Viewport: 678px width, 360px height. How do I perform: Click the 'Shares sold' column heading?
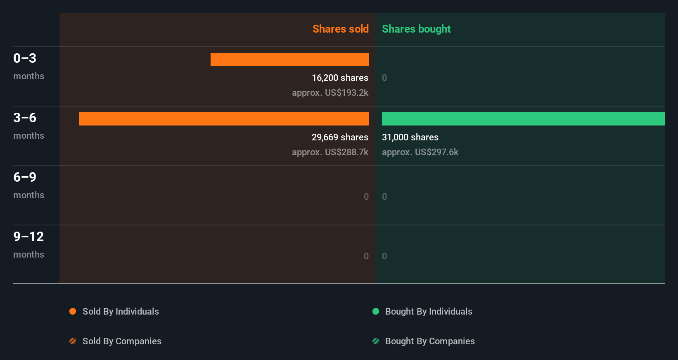[340, 29]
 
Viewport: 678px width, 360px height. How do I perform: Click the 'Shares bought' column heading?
[416, 29]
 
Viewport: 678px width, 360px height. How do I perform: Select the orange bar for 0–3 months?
[289, 59]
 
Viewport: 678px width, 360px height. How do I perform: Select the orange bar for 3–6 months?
[223, 119]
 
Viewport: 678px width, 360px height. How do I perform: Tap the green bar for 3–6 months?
[523, 119]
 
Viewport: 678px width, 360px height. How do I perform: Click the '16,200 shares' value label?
[340, 78]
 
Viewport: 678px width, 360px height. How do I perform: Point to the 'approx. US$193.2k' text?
[330, 92]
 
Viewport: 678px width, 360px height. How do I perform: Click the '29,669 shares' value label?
[340, 137]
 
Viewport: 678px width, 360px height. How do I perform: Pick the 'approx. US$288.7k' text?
[330, 152]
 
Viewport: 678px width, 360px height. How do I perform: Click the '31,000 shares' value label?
[410, 137]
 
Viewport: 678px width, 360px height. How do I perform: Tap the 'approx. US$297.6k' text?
[420, 152]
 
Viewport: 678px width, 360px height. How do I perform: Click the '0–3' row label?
[25, 58]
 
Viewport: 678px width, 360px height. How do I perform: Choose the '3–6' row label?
[25, 118]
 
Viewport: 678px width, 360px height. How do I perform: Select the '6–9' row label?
[25, 177]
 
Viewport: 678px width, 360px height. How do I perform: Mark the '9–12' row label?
[28, 237]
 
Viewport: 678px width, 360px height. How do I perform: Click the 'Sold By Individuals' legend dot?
[73, 311]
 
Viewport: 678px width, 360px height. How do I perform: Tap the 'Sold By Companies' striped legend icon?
[73, 341]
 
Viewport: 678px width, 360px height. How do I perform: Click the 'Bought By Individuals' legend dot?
[376, 311]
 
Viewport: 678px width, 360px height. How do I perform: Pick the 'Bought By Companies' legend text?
[430, 341]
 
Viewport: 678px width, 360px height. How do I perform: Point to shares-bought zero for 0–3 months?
[384, 78]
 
